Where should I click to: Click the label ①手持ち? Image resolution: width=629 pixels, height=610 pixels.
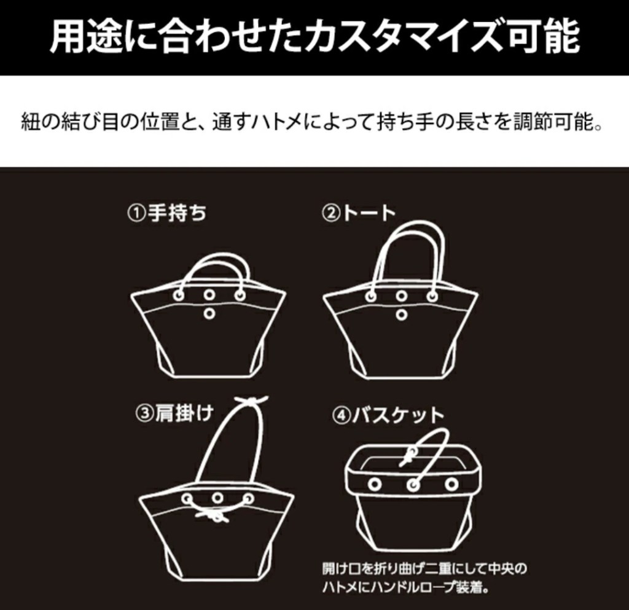point(166,213)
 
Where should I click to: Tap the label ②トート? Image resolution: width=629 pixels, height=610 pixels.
point(359,213)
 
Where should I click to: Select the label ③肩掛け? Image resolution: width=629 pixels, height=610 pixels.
point(174,413)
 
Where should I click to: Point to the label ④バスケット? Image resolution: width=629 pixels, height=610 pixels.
point(388,416)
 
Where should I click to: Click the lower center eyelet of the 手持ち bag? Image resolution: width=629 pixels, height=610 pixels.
point(209,314)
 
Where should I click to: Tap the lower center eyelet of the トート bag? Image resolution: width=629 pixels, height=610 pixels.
point(402,315)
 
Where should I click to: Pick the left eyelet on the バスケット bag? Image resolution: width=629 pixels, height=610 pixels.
point(374,484)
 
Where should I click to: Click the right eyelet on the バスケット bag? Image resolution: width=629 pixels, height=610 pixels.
point(451,484)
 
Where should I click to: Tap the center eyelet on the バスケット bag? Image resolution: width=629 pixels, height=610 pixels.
point(413,485)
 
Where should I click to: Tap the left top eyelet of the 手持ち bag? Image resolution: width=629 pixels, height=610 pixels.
point(179,295)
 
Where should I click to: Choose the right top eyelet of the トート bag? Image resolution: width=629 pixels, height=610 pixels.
point(432,296)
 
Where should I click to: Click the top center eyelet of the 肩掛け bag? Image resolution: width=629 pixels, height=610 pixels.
point(217,498)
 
